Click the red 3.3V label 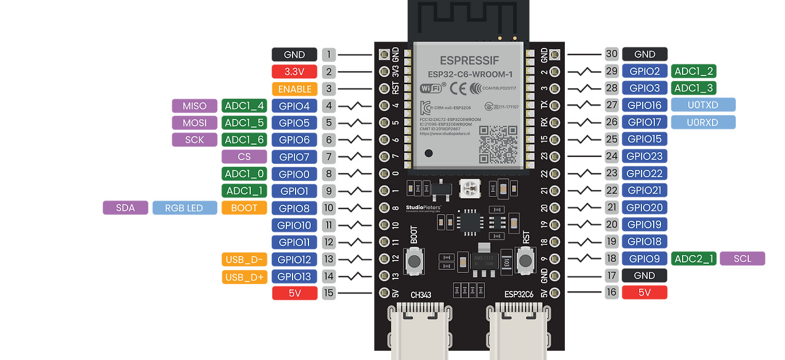(x=294, y=72)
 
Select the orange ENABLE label (x=294, y=89)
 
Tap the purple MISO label (x=194, y=106)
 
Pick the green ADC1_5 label (x=243, y=123)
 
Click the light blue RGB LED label (x=185, y=208)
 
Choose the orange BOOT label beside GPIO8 (x=244, y=208)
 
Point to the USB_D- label (x=244, y=259)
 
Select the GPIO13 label (x=294, y=277)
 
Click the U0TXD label (x=703, y=105)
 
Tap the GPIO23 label (x=645, y=156)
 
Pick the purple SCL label (x=742, y=259)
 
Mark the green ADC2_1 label (x=694, y=259)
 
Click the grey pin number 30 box (x=611, y=54)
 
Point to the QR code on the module (x=497, y=144)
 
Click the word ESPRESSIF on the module (x=470, y=60)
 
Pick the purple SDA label (x=125, y=208)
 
